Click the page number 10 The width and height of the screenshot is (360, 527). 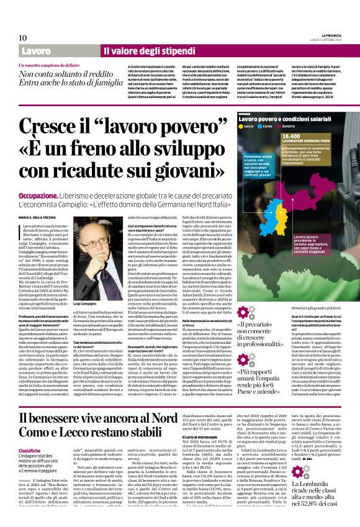tap(22, 38)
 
